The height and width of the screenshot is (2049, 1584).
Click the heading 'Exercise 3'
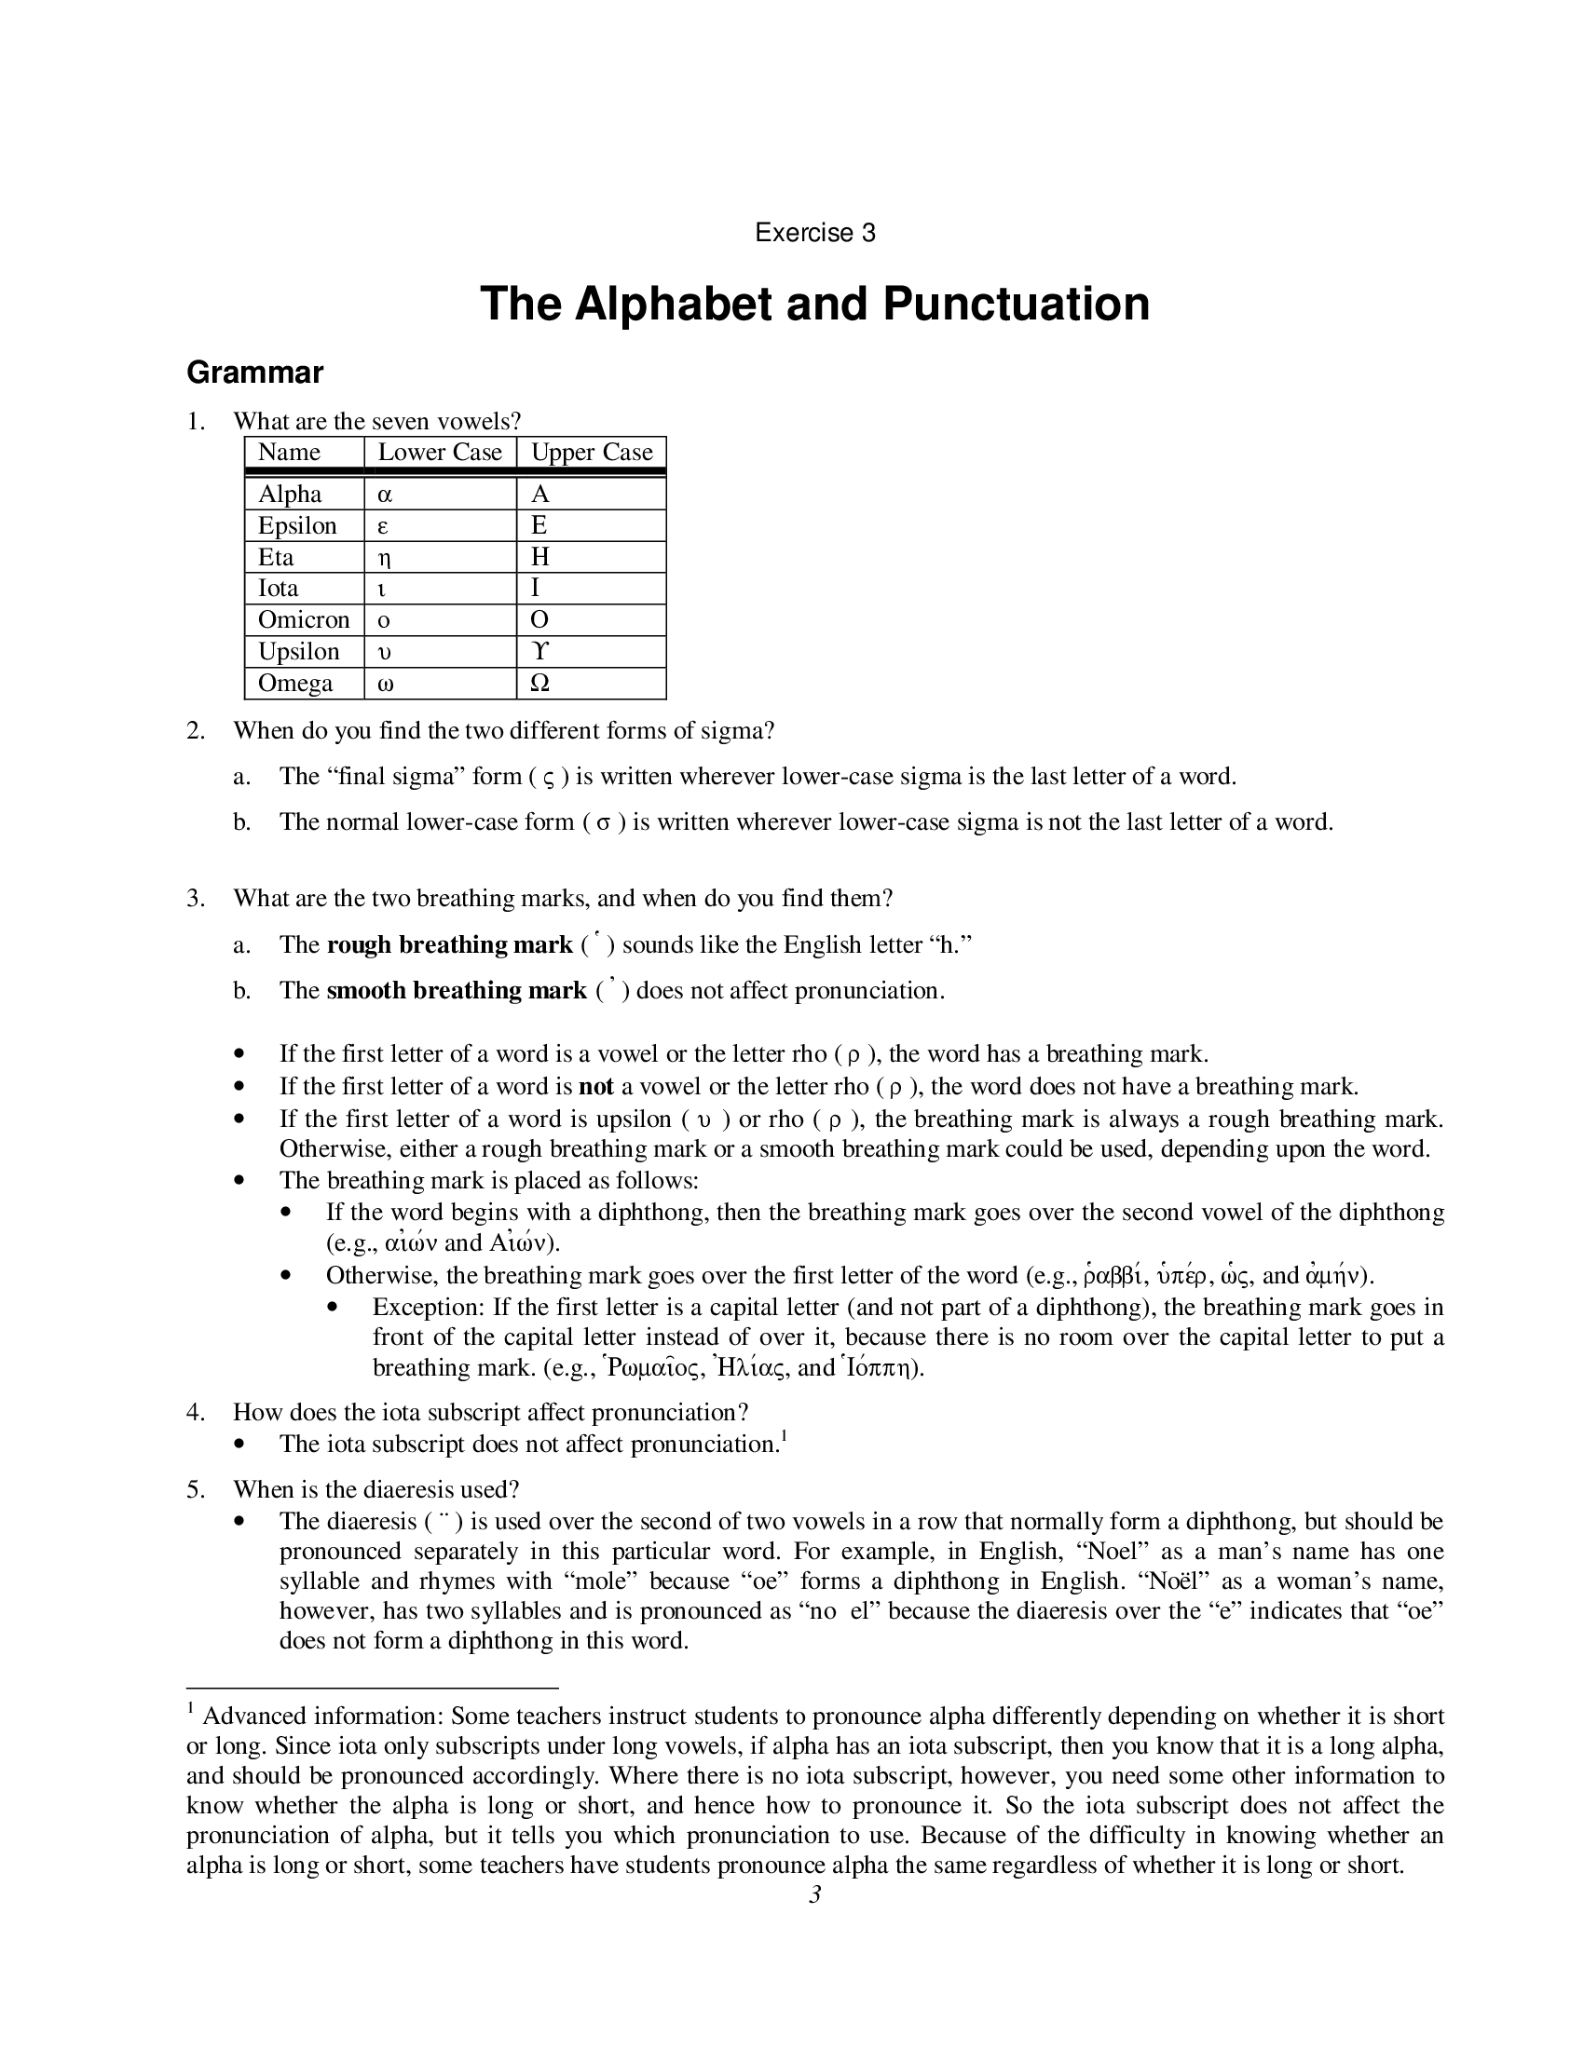coord(814,233)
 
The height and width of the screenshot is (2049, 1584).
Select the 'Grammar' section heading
coord(254,373)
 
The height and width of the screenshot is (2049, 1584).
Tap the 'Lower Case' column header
coord(439,453)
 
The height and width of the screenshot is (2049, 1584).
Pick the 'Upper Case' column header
coord(591,453)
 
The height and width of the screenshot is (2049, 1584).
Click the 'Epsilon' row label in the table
coord(296,525)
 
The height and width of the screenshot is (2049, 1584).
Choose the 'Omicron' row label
coord(303,620)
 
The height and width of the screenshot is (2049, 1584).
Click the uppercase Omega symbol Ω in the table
coord(539,684)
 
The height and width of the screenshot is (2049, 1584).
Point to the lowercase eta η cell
coord(384,558)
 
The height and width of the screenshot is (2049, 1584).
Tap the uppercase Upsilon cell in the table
coord(539,652)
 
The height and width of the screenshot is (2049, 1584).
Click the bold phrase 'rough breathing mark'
coord(449,944)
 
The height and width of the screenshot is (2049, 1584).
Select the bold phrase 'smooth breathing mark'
coord(456,991)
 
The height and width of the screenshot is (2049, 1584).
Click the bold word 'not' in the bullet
coord(596,1086)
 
